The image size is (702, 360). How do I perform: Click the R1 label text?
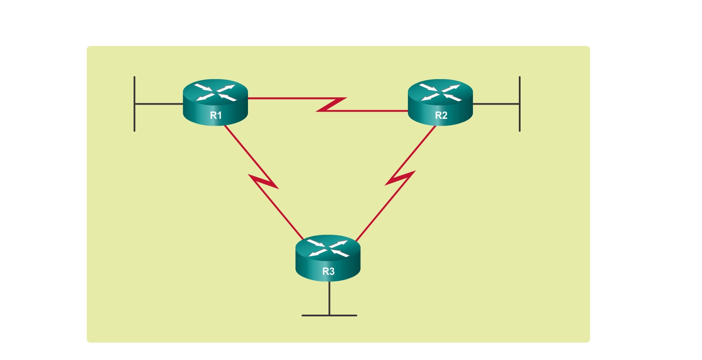216,115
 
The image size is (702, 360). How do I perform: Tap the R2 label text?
441,115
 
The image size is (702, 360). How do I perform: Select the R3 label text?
328,271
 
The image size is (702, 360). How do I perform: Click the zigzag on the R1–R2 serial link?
332,105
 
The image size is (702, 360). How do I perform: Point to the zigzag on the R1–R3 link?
264,182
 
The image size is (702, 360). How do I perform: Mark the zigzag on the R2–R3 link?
400,178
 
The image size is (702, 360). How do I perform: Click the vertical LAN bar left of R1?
134,104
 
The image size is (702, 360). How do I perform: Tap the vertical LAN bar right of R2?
519,104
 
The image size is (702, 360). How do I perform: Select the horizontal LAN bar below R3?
329,315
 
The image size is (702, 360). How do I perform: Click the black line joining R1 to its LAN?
159,104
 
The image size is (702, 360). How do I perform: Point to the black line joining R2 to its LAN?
496,104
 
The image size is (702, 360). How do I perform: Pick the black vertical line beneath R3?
329,298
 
